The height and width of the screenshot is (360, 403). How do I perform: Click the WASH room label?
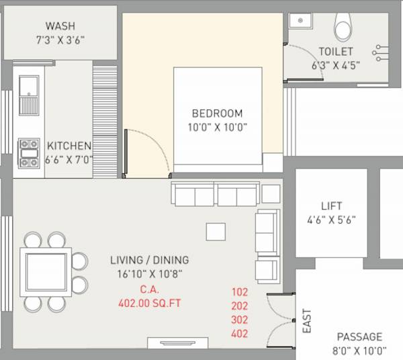tap(60, 27)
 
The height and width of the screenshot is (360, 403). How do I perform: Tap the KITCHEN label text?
tap(69, 146)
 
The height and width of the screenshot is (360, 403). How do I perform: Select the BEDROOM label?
tap(217, 114)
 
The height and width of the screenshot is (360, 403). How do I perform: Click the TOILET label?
tap(336, 52)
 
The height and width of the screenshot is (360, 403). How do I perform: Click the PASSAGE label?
tap(359, 336)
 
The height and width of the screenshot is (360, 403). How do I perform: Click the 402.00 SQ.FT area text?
tap(149, 304)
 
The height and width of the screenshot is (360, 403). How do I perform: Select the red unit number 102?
tap(240, 292)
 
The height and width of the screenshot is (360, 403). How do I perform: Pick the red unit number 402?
tap(240, 334)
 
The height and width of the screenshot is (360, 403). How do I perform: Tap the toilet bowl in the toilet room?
tap(343, 28)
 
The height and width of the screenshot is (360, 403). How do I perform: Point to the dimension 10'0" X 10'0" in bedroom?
tap(217, 128)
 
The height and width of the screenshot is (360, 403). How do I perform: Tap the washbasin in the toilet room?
tap(298, 20)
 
